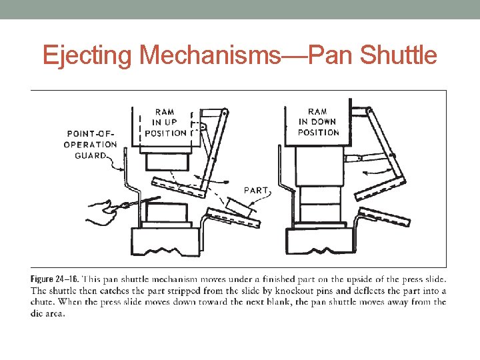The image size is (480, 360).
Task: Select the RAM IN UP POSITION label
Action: pyautogui.click(x=165, y=123)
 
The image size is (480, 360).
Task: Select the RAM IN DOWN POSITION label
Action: pyautogui.click(x=318, y=122)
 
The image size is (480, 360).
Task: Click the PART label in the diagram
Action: pyautogui.click(x=257, y=190)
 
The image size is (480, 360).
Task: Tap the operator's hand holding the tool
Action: pyautogui.click(x=101, y=212)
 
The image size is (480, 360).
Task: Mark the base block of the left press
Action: pyautogui.click(x=166, y=241)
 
